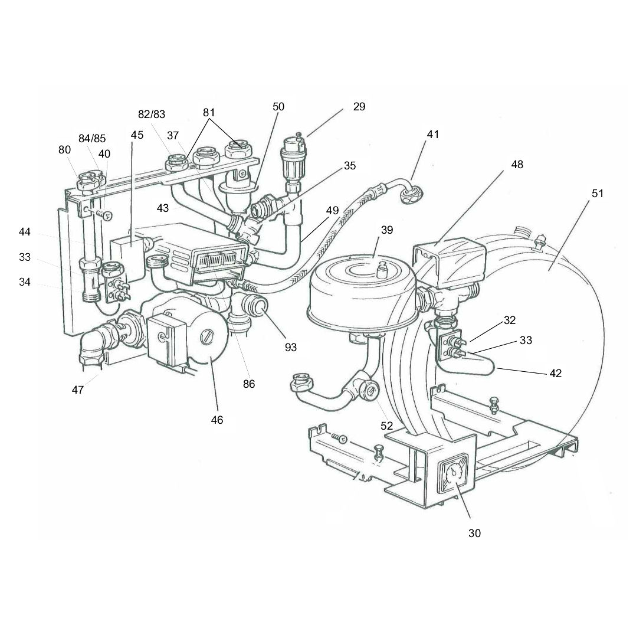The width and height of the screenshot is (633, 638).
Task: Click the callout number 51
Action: (x=597, y=193)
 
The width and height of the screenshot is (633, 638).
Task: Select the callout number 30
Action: (x=474, y=533)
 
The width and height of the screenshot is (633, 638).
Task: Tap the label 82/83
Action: (x=152, y=114)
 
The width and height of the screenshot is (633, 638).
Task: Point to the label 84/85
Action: (x=92, y=138)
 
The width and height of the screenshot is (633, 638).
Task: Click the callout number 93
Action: (x=290, y=348)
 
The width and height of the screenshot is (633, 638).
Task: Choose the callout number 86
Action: (x=248, y=384)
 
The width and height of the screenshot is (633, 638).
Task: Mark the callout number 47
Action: (x=78, y=390)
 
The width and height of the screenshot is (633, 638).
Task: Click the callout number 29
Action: (x=359, y=107)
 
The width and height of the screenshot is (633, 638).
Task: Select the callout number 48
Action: (x=517, y=165)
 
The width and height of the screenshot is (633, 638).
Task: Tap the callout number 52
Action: (x=386, y=426)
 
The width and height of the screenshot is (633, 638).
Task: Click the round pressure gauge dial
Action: (x=453, y=475)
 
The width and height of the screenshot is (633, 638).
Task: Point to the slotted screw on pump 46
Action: (x=206, y=338)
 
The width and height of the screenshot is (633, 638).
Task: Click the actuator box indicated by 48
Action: (x=450, y=260)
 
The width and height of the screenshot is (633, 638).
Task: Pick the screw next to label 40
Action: (x=105, y=214)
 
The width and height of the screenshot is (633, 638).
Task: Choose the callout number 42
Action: (x=555, y=373)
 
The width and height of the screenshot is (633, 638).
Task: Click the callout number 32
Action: (x=509, y=320)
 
